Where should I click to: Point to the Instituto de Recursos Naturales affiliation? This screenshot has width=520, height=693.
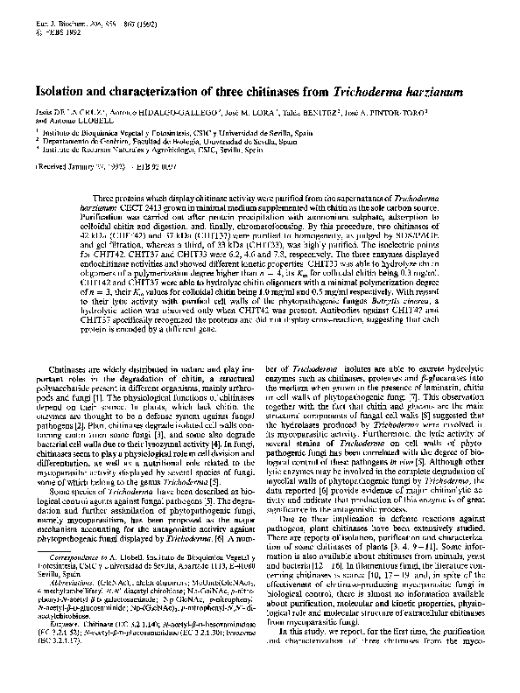(140, 150)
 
